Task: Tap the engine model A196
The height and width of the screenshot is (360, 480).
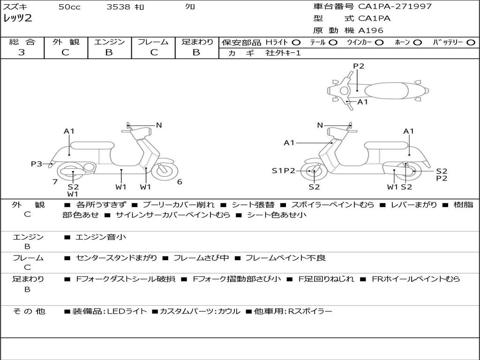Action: tap(371, 30)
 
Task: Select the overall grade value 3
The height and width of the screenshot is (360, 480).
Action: tap(22, 52)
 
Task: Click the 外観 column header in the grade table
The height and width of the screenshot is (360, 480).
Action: tap(66, 42)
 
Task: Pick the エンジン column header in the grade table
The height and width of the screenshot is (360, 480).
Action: tap(109, 42)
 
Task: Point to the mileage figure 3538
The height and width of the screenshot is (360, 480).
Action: tap(119, 7)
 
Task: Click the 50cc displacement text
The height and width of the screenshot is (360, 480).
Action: tap(69, 7)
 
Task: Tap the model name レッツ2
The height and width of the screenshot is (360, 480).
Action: tap(18, 18)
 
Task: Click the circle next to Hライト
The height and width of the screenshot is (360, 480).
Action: tap(297, 42)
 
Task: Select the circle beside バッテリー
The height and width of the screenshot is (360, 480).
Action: tap(471, 42)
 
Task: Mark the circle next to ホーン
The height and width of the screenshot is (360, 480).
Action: tap(418, 42)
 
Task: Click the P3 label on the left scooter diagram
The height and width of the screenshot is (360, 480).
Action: tap(37, 164)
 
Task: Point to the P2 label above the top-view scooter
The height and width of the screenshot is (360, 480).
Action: tap(359, 66)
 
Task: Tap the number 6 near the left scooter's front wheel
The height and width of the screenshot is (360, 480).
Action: tap(180, 182)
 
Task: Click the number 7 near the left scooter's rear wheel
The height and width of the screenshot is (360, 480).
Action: tap(55, 182)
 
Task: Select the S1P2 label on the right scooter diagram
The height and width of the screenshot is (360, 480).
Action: tap(284, 171)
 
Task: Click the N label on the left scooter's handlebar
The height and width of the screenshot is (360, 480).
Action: tap(159, 125)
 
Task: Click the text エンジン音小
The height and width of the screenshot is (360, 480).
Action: tap(101, 237)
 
